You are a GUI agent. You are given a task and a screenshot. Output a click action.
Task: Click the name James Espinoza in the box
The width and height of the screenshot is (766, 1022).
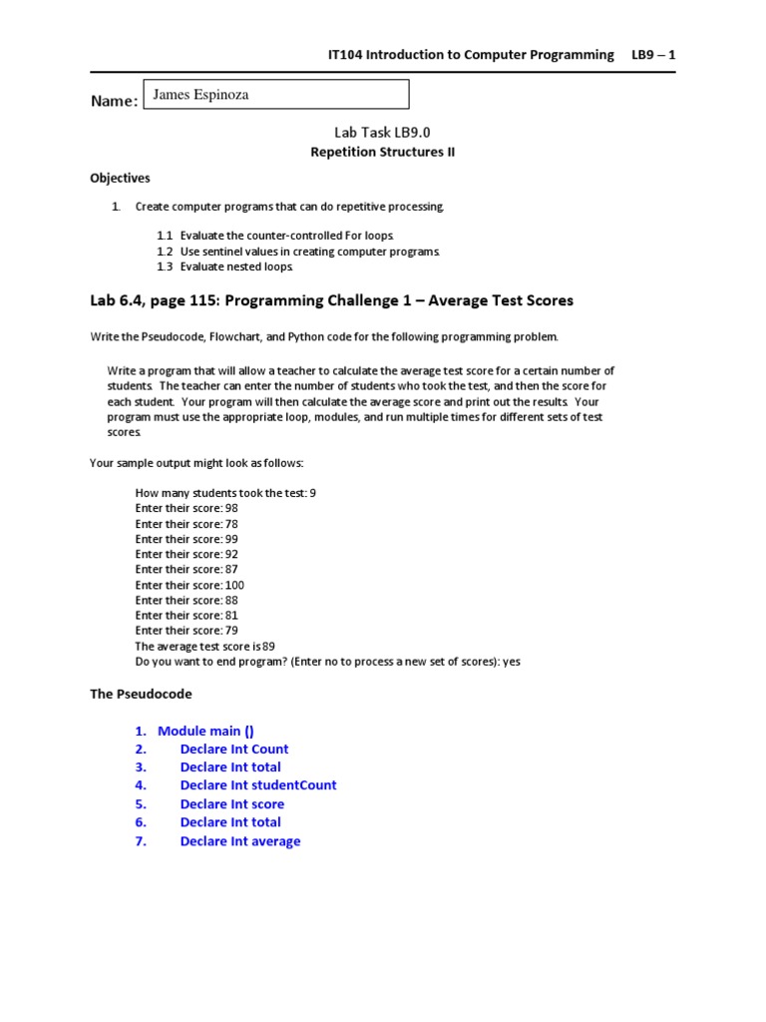(201, 95)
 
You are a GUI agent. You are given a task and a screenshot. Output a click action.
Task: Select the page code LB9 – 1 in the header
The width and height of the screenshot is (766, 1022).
(653, 55)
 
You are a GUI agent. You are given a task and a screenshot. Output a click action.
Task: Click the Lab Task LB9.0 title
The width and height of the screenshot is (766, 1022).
(382, 132)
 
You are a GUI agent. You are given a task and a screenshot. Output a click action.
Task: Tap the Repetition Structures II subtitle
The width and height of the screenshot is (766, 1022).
(382, 152)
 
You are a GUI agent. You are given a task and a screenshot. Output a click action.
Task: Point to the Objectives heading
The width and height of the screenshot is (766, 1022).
(120, 179)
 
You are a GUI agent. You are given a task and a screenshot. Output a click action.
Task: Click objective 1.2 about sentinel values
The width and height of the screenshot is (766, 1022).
(297, 252)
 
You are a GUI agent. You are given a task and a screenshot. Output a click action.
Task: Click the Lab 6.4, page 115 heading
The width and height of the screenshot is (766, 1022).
(331, 300)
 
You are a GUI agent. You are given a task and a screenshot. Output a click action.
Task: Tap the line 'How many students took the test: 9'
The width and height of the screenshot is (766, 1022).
(225, 493)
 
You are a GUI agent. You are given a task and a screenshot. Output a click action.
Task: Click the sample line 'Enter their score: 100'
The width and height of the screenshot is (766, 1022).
(190, 585)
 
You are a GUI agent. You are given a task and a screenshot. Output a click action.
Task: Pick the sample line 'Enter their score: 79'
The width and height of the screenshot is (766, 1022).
(187, 631)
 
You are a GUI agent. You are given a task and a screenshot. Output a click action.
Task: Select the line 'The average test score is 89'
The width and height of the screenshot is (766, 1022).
(204, 646)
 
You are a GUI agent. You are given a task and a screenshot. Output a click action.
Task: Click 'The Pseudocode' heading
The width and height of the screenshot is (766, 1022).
(141, 694)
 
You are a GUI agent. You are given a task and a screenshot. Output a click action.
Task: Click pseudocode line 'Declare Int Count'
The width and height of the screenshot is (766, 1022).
(234, 750)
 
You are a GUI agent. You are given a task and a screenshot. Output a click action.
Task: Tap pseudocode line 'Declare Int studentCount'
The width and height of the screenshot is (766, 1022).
(258, 785)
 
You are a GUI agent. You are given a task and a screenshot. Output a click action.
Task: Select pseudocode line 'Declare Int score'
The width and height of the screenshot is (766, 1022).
(231, 804)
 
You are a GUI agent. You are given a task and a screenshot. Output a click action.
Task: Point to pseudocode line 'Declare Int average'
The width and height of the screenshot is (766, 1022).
(239, 841)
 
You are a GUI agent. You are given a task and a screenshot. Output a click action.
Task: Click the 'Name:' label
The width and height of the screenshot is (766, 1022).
(114, 102)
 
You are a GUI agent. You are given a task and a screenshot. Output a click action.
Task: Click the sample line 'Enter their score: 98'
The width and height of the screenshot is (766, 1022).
(187, 508)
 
